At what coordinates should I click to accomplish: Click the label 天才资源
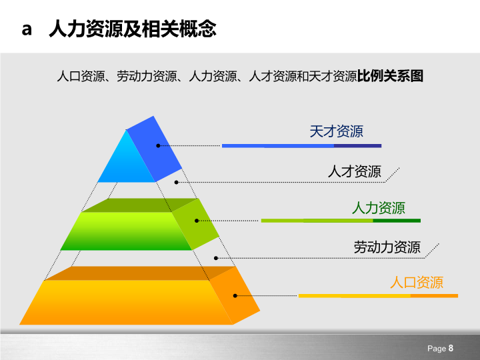(x=336, y=131)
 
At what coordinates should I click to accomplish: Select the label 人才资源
(x=355, y=171)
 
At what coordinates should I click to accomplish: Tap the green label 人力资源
(x=379, y=208)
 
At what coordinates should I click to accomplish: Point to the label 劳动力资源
(x=387, y=247)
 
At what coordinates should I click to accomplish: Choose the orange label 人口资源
(x=417, y=282)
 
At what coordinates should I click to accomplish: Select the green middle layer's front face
(x=126, y=231)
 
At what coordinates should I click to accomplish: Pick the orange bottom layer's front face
(x=125, y=303)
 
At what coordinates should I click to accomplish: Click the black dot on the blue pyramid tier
(x=158, y=146)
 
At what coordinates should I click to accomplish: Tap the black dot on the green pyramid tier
(x=197, y=221)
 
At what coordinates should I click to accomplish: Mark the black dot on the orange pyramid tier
(x=235, y=296)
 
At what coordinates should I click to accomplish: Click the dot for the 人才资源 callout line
(x=176, y=183)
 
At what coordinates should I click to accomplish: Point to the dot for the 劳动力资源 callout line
(x=215, y=259)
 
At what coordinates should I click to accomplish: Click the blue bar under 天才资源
(x=301, y=146)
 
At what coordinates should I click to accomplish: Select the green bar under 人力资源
(x=341, y=221)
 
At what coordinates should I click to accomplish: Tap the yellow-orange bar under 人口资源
(x=378, y=296)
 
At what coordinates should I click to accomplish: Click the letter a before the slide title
(x=27, y=30)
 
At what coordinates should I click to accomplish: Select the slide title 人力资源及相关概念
(x=133, y=29)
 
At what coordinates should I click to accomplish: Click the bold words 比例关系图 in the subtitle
(x=390, y=76)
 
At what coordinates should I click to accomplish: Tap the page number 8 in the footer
(x=451, y=348)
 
